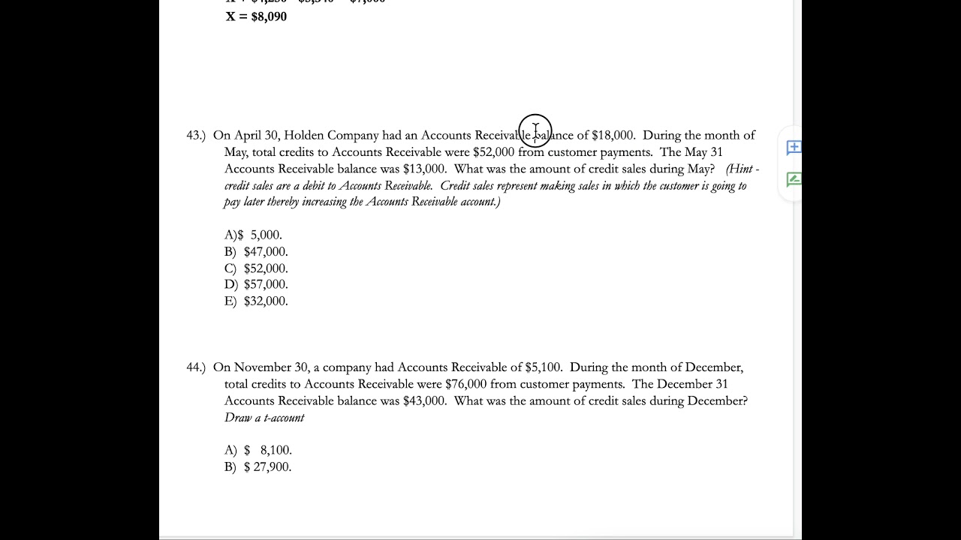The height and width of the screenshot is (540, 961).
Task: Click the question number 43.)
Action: click(195, 136)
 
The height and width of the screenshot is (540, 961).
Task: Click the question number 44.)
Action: click(195, 367)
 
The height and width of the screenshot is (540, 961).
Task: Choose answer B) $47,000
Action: click(256, 252)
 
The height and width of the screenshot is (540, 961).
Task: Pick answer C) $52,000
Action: click(256, 268)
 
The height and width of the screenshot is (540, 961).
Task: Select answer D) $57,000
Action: click(256, 285)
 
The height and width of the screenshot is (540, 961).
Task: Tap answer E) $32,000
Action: click(256, 301)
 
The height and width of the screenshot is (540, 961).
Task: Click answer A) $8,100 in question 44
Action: click(258, 451)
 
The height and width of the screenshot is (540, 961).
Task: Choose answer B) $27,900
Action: click(258, 467)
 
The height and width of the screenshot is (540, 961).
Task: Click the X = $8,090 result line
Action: click(256, 16)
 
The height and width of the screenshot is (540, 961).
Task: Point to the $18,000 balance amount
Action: click(613, 136)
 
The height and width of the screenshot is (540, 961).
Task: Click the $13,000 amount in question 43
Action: click(424, 169)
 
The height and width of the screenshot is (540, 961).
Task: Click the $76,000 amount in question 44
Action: click(466, 384)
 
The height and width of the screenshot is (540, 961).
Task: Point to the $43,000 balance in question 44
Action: click(424, 401)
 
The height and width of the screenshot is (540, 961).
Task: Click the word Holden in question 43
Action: click(303, 136)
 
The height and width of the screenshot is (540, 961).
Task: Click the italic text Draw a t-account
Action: click(264, 418)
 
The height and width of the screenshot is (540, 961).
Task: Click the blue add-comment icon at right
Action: click(794, 148)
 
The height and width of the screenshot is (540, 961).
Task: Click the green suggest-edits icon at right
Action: click(794, 179)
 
